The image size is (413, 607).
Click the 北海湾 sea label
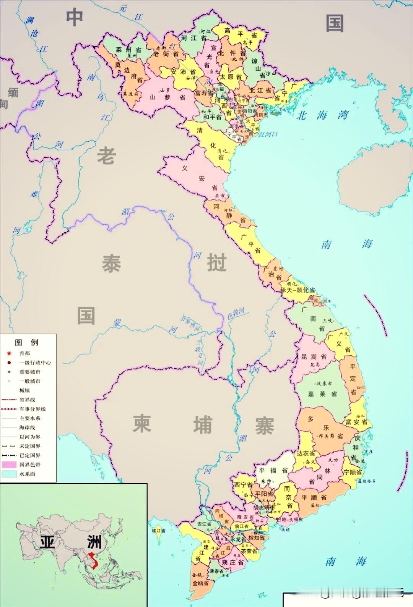click(x=322, y=115)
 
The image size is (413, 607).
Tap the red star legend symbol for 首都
click(x=9, y=353)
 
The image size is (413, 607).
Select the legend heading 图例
click(x=26, y=342)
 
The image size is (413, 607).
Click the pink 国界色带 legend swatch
click(x=9, y=465)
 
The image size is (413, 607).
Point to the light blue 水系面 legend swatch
click(x=9, y=474)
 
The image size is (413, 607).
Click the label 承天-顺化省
click(x=298, y=290)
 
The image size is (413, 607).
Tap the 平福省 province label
click(x=273, y=470)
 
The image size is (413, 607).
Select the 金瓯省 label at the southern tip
click(x=200, y=583)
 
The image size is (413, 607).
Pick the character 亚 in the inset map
click(x=47, y=542)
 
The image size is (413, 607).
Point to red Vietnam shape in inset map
click(x=93, y=560)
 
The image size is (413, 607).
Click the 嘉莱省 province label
click(x=322, y=394)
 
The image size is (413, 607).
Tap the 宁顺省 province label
click(x=353, y=472)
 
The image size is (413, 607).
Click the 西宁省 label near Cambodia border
click(x=243, y=485)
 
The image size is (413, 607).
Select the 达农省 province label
click(x=306, y=453)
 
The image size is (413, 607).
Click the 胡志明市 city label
click(x=263, y=508)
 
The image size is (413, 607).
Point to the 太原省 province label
click(x=230, y=77)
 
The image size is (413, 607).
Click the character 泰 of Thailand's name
click(x=111, y=264)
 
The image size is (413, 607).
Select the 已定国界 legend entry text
click(x=30, y=455)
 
